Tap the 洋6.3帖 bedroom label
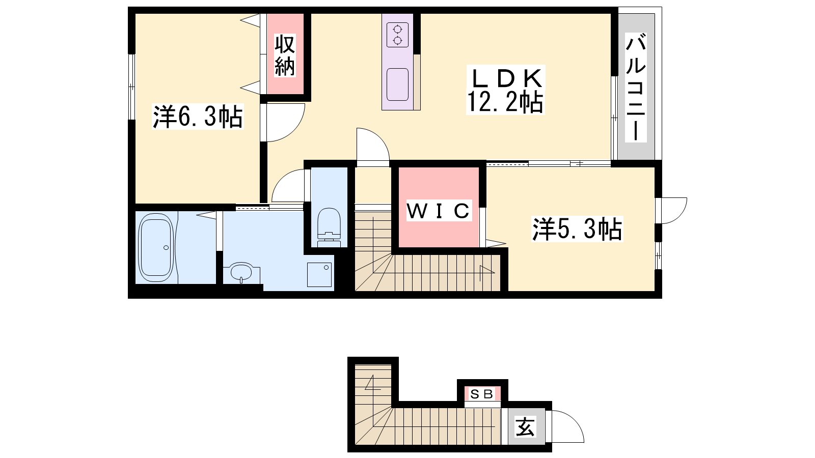click(198, 117)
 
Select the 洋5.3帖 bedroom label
click(577, 228)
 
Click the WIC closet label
click(439, 211)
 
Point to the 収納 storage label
click(285, 55)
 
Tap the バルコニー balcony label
click(636, 87)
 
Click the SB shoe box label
click(482, 394)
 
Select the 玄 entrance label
click(526, 426)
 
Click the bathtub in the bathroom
click(156, 247)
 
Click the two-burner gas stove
click(397, 35)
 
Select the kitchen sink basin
click(397, 84)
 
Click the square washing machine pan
click(319, 275)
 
